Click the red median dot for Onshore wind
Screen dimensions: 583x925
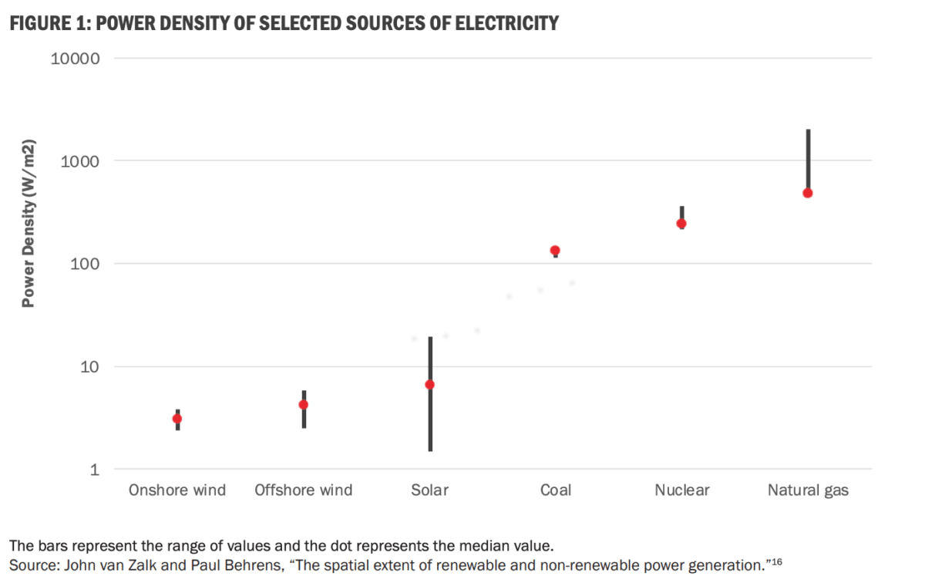pyautogui.click(x=177, y=419)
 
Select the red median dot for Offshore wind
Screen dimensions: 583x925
pyautogui.click(x=304, y=405)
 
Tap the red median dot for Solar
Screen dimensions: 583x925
pyautogui.click(x=430, y=385)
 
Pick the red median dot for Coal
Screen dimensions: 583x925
pyautogui.click(x=555, y=251)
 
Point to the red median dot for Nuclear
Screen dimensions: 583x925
pyautogui.click(x=681, y=224)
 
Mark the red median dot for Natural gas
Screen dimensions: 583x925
pyautogui.click(x=808, y=193)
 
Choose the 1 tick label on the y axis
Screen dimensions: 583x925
pyautogui.click(x=94, y=469)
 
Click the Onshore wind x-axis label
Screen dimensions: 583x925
pyautogui.click(x=177, y=490)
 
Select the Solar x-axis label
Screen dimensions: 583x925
pyautogui.click(x=429, y=490)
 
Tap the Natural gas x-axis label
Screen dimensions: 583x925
pyautogui.click(x=808, y=490)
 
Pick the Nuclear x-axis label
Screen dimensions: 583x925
pyautogui.click(x=681, y=490)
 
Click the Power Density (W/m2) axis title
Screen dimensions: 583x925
pyautogui.click(x=29, y=224)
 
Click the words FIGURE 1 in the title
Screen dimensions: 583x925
pyautogui.click(x=45, y=24)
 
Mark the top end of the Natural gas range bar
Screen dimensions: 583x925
pyautogui.click(x=808, y=130)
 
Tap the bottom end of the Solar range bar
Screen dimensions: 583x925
pyautogui.click(x=430, y=450)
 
